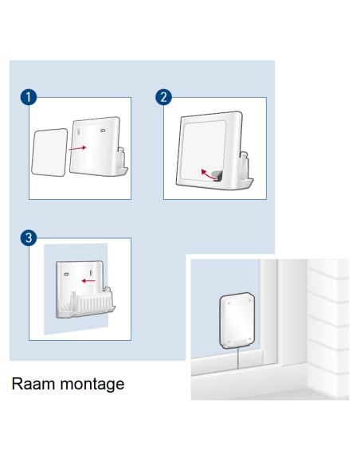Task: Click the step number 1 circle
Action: point(29,97)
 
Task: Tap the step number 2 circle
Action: point(163,97)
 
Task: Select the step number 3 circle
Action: point(29,237)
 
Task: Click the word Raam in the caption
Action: point(33,384)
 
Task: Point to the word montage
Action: point(92,385)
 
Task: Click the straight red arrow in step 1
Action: point(77,148)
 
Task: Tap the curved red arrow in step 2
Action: point(209,174)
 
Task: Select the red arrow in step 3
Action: point(88,280)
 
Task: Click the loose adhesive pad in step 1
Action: point(49,152)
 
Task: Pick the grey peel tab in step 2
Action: point(218,175)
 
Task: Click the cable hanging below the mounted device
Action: point(238,358)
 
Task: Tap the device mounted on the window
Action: point(237,321)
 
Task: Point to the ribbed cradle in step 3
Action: point(88,303)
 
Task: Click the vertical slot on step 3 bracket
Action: point(91,272)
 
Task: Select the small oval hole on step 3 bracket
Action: point(66,275)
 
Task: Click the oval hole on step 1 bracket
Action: point(103,131)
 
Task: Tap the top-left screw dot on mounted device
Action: point(229,303)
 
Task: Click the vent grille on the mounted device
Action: point(240,343)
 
